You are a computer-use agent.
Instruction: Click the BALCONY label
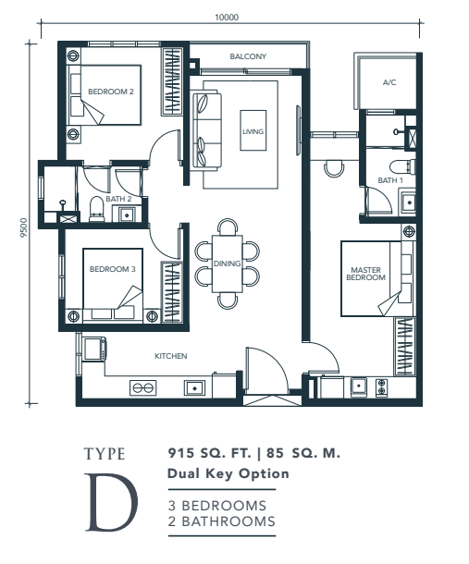[x=248, y=56]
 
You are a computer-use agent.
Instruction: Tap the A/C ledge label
[x=389, y=82]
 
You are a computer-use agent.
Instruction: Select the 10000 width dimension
[x=227, y=18]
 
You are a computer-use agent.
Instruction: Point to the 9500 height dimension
[x=24, y=227]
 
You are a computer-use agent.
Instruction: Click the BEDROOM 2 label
[x=111, y=92]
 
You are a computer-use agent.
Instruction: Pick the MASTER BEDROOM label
[x=365, y=274]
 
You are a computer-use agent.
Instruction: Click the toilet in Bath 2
[x=96, y=209]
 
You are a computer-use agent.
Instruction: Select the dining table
[x=228, y=264]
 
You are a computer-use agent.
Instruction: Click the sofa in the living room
[x=206, y=129]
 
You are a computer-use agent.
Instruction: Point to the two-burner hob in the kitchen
[x=142, y=387]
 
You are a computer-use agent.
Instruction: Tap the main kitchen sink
[x=194, y=388]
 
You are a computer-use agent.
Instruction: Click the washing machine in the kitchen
[x=94, y=349]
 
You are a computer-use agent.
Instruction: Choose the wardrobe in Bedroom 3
[x=172, y=292]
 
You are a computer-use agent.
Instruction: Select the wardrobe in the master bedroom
[x=405, y=346]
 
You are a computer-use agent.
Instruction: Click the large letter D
[x=111, y=502]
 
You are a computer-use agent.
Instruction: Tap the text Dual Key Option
[x=228, y=473]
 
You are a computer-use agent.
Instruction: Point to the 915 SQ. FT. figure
[x=209, y=453]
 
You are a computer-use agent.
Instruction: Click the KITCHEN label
[x=171, y=356]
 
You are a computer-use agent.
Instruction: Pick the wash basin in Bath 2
[x=127, y=215]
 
